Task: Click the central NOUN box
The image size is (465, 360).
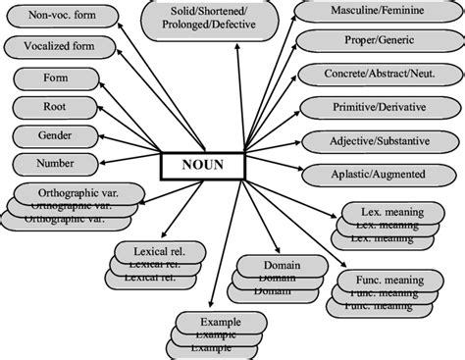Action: point(203,166)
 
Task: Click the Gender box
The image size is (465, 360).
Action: point(55,134)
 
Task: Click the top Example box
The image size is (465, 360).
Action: point(220,322)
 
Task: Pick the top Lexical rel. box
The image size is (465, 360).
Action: point(157,250)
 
